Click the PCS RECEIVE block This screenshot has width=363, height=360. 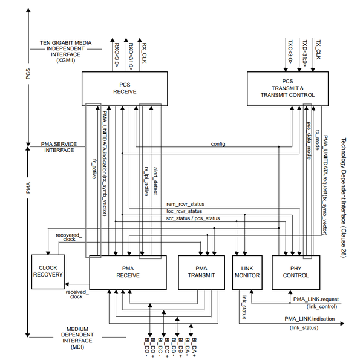click(123, 87)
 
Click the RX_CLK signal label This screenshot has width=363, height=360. click(144, 53)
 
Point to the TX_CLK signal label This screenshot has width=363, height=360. click(318, 53)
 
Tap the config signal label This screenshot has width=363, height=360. click(218, 143)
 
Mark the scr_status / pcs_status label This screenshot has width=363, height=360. click(193, 218)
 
